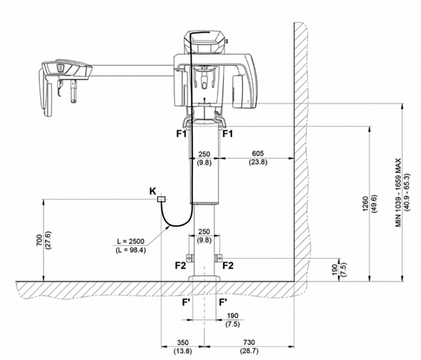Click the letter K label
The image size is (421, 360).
152,191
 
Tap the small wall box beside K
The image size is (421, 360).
161,199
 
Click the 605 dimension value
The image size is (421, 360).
258,153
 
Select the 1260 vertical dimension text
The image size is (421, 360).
365,204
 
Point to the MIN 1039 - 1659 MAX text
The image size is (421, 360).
398,192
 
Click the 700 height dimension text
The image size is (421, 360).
39,240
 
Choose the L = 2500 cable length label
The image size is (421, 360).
131,241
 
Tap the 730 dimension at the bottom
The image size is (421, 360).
249,343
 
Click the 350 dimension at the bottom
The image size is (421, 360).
183,343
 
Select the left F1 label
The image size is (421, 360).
181,133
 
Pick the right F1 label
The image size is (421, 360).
228,133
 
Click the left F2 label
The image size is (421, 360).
180,265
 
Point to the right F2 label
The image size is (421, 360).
228,265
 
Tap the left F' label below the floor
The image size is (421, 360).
186,302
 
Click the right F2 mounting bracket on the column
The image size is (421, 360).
218,257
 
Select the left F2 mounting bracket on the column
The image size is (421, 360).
190,257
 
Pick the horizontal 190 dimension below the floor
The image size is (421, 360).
232,315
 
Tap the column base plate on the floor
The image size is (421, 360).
204,278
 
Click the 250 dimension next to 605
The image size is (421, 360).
204,154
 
